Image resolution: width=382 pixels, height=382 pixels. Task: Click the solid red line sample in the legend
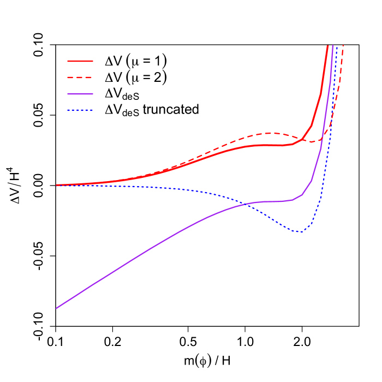(x=80, y=61)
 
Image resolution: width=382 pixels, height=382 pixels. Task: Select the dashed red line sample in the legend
(x=80, y=77)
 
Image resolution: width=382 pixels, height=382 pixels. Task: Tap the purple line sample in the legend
(x=80, y=94)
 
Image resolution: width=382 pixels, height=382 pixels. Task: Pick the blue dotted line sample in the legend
(x=80, y=110)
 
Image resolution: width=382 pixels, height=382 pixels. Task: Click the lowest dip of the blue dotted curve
(x=299, y=232)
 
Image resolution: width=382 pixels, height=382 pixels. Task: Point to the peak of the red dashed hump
(x=272, y=133)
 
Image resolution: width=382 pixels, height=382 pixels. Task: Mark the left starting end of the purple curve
(x=56, y=308)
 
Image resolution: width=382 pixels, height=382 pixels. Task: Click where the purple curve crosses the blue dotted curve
(x=249, y=204)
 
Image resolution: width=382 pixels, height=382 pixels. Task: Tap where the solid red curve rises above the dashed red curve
(x=303, y=139)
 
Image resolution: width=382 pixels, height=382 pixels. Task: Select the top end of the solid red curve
(x=327, y=46)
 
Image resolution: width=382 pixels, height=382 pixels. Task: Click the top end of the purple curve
(x=332, y=46)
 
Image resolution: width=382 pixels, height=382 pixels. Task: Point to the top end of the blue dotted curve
(x=337, y=46)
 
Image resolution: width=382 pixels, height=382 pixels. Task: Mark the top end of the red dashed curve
(x=343, y=46)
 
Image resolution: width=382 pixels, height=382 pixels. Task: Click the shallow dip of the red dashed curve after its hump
(x=312, y=142)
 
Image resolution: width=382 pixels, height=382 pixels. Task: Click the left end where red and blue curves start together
(x=57, y=185)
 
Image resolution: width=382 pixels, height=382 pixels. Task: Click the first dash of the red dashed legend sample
(x=71, y=77)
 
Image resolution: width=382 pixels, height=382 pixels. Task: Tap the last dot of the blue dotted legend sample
(x=91, y=110)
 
